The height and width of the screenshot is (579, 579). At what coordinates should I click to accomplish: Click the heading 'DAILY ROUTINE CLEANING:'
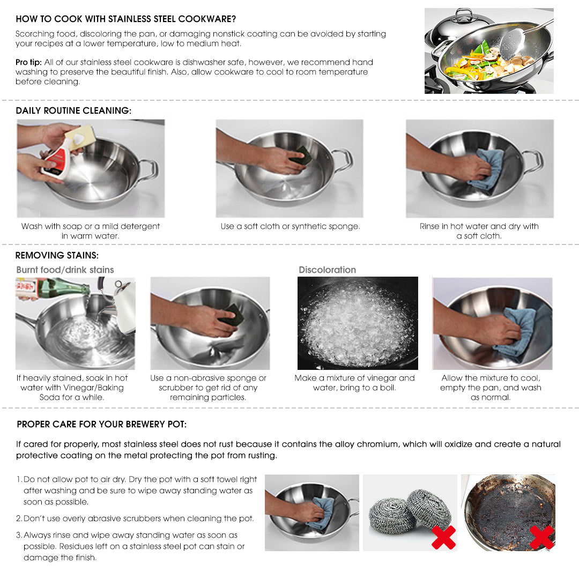tap(73, 110)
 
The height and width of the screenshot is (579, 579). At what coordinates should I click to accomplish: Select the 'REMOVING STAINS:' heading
tap(57, 255)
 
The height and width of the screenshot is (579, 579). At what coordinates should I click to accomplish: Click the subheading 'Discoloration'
tap(327, 270)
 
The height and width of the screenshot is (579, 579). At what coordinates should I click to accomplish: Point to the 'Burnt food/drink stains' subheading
tap(65, 270)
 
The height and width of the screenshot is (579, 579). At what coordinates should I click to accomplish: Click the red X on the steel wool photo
tap(443, 537)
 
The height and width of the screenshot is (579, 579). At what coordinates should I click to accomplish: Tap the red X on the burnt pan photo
tap(541, 537)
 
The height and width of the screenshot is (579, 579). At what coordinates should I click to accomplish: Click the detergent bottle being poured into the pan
tap(58, 158)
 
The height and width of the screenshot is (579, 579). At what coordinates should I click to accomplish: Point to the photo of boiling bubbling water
tap(358, 323)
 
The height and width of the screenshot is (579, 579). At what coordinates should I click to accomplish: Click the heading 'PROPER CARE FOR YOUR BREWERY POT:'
tap(101, 424)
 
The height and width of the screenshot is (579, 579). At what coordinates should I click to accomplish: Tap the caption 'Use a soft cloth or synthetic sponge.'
tap(290, 226)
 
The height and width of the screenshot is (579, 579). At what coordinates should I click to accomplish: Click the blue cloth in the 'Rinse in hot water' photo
tap(487, 168)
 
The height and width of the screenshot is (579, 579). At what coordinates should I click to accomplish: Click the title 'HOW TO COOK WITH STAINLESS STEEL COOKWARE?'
tap(125, 19)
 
